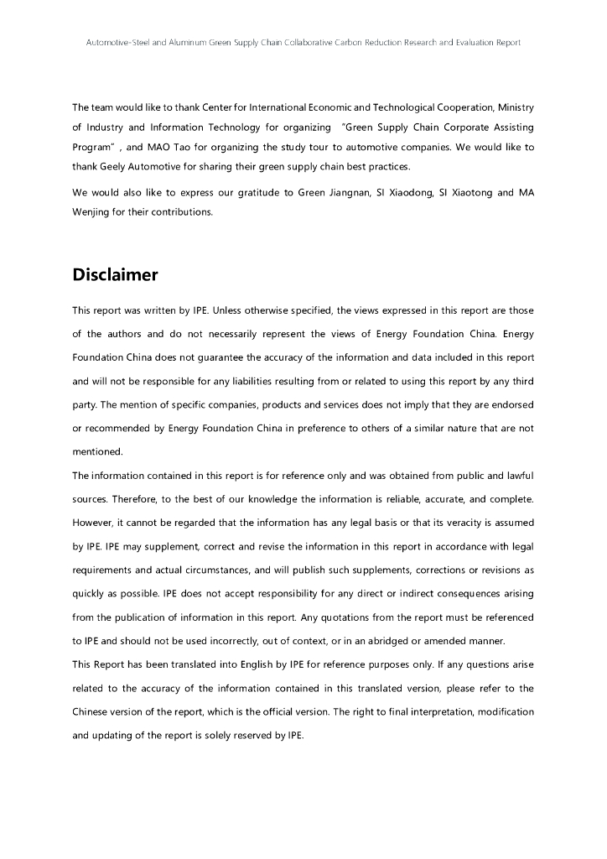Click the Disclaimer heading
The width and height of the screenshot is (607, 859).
click(115, 275)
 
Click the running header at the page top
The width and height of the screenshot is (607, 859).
click(303, 42)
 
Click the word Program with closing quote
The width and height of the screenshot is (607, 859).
click(96, 147)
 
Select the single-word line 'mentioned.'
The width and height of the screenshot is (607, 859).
click(97, 451)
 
